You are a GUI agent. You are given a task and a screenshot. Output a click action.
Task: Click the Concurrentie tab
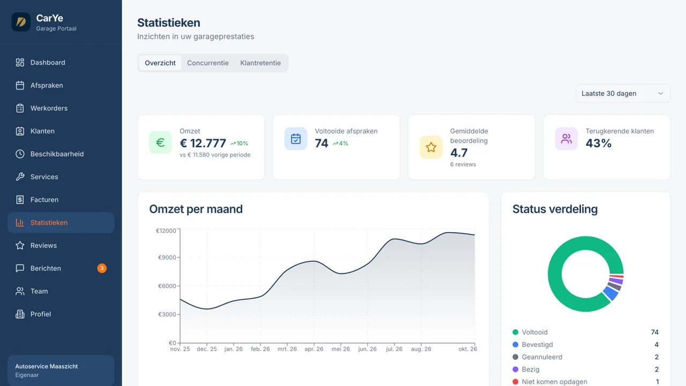pos(207,63)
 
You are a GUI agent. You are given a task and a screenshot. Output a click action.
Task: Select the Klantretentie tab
pos(260,63)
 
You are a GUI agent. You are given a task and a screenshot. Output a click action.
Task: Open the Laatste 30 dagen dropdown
pos(623,93)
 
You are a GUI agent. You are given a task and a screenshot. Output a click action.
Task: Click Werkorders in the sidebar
pos(49,108)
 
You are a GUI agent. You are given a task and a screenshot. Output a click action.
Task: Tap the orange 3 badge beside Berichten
pos(102,268)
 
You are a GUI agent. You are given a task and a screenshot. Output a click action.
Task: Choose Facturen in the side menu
pos(44,200)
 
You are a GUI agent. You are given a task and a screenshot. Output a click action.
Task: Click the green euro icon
pos(160,143)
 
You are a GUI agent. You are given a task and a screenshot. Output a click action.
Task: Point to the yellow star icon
pos(431,147)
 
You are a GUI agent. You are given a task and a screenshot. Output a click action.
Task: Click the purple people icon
pos(566,139)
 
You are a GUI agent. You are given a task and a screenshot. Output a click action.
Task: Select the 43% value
pos(599,143)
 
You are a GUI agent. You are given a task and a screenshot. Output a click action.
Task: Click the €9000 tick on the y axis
pos(167,257)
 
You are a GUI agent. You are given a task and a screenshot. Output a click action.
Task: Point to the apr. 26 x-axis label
pos(314,349)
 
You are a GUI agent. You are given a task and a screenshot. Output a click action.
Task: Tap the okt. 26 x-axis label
pos(467,349)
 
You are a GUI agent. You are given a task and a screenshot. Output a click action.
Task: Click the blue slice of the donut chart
pos(610,293)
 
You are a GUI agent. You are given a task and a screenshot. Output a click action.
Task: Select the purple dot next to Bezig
pos(516,369)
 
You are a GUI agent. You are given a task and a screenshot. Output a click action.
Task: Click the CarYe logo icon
pos(21,22)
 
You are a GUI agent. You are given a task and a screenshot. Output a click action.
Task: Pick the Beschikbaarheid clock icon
pos(20,154)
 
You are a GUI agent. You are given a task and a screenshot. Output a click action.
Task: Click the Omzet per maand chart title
pos(196,209)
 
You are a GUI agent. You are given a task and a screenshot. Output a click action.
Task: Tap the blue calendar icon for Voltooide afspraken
pos(295,139)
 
